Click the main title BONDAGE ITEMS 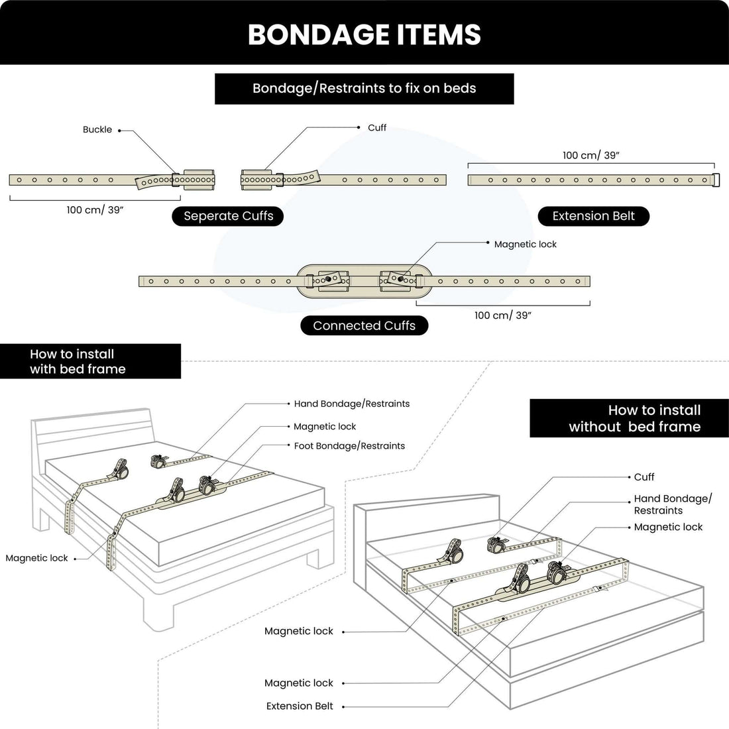(x=364, y=34)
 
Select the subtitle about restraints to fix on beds (x=364, y=88)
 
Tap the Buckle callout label (x=97, y=130)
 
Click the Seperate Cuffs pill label (x=228, y=216)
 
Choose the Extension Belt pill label (x=593, y=216)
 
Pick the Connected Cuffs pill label (x=364, y=325)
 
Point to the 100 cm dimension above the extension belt (x=590, y=155)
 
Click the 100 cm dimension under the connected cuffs (x=502, y=315)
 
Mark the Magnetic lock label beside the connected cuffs (x=525, y=245)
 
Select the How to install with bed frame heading (x=78, y=361)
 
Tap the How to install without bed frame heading (x=634, y=418)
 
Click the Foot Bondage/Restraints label (x=349, y=446)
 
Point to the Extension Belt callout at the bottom (x=300, y=706)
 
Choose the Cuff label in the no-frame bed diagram (x=644, y=477)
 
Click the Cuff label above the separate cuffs (x=376, y=128)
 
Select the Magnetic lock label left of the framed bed (x=36, y=558)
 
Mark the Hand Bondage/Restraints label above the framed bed (x=351, y=404)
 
